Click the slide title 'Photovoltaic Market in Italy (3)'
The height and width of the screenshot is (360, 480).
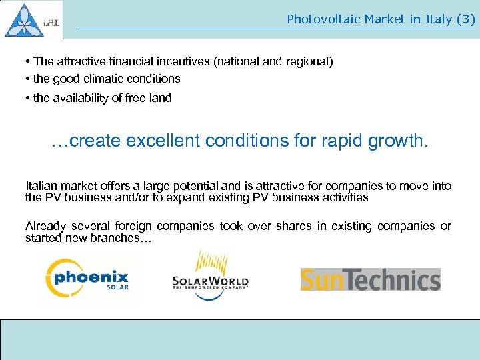380,19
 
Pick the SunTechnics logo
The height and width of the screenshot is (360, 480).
370,280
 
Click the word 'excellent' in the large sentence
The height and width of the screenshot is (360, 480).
164,141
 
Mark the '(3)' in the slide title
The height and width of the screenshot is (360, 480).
465,19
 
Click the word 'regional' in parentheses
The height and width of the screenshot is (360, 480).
307,61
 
